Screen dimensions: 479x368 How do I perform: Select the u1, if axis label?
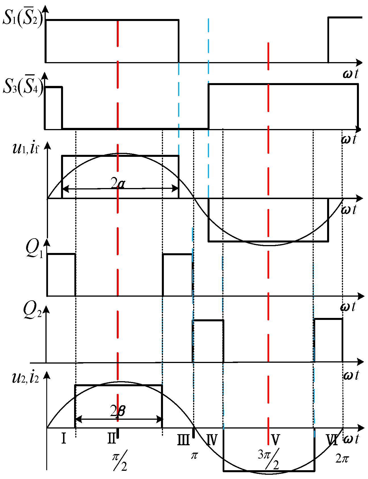click(x=26, y=148)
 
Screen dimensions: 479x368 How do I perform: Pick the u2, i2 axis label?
click(x=26, y=378)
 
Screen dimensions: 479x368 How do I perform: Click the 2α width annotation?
click(x=118, y=184)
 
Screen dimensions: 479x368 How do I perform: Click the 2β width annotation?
click(x=118, y=411)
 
